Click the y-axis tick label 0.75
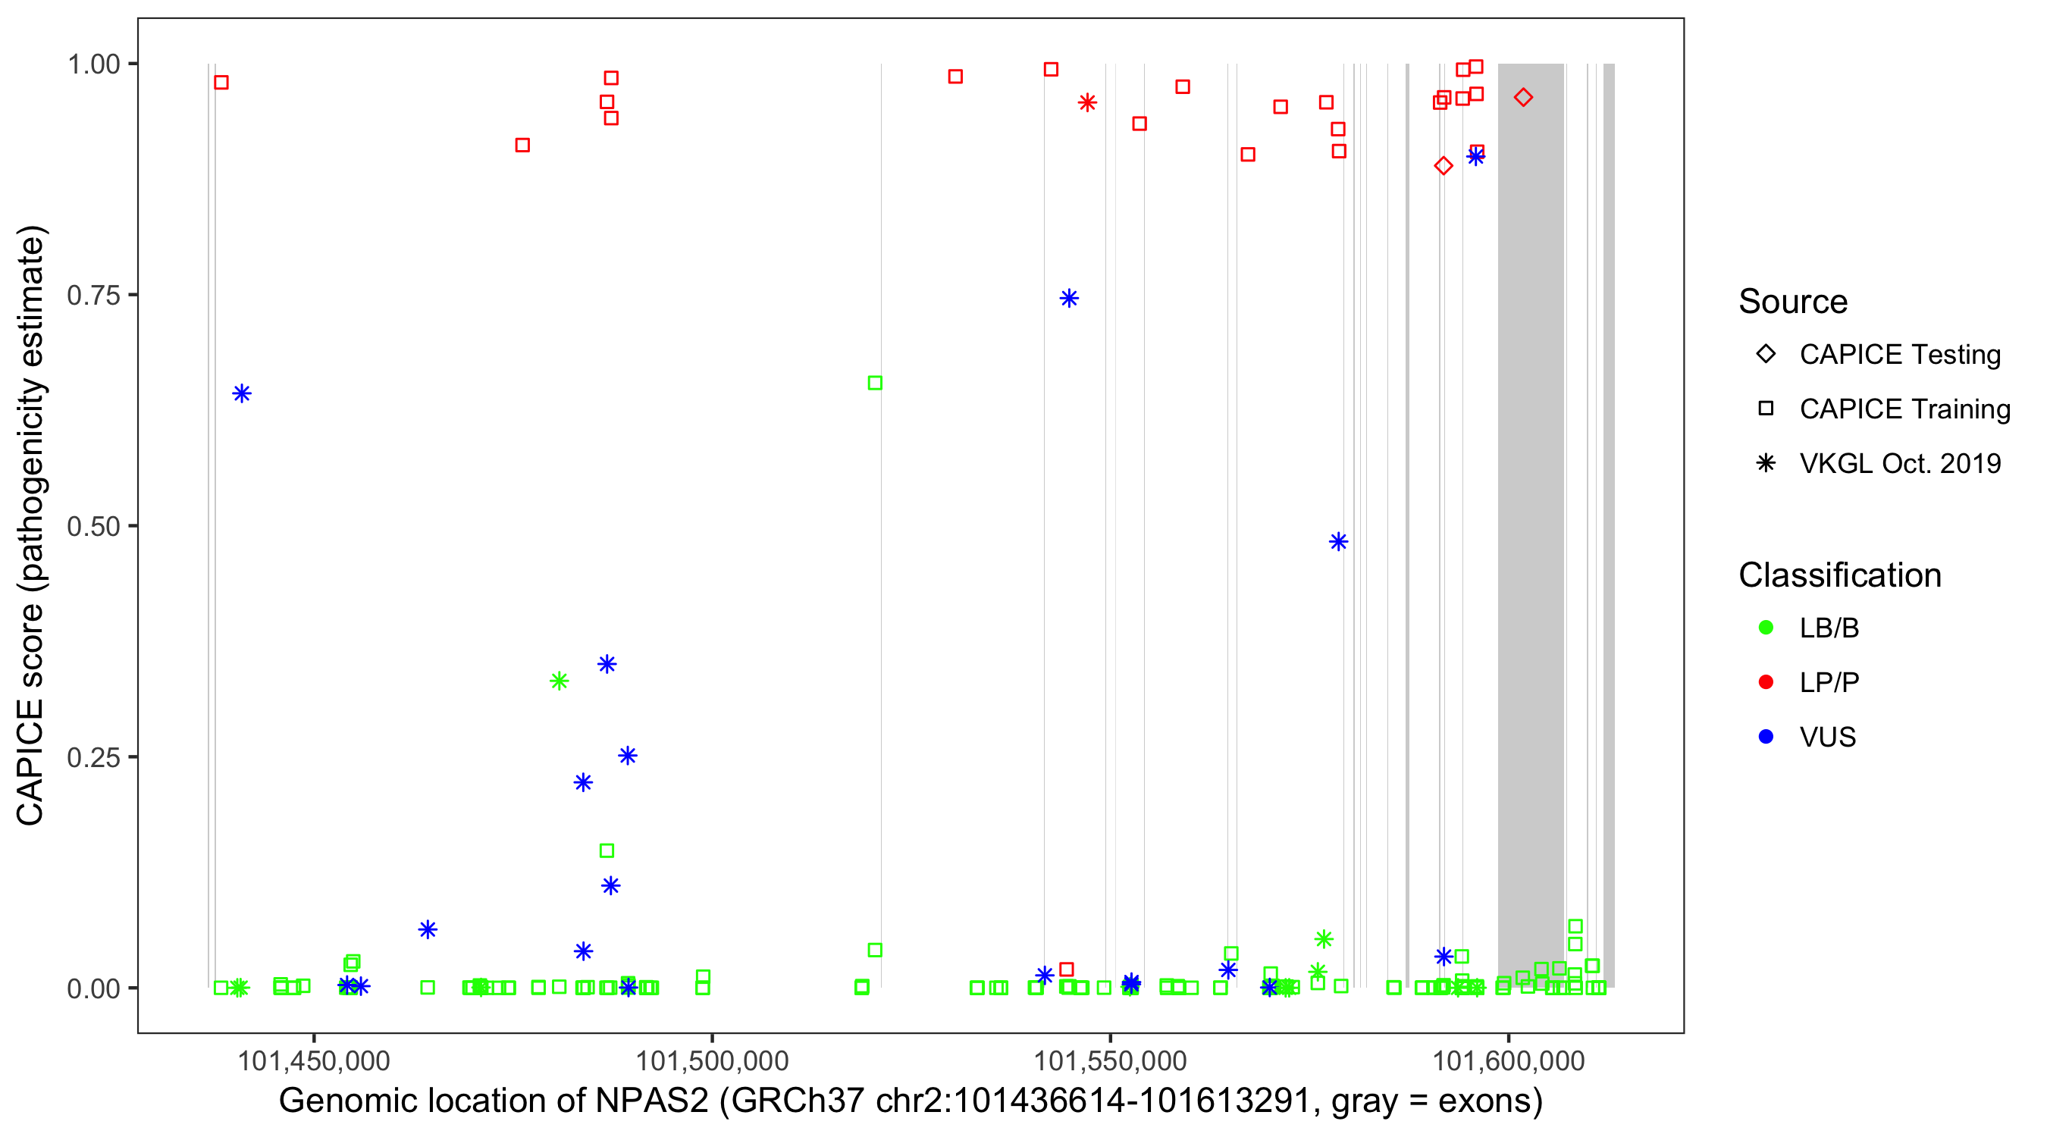[x=92, y=296]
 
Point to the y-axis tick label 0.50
[x=92, y=527]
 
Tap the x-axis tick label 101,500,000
[x=712, y=1060]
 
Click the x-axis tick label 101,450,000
[x=314, y=1060]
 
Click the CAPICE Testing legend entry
[x=1899, y=355]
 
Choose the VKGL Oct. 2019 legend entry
[x=1899, y=463]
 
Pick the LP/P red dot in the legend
[x=1766, y=682]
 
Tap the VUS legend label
[x=1827, y=738]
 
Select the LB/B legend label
[x=1829, y=628]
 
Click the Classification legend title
[x=1839, y=575]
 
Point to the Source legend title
[x=1793, y=302]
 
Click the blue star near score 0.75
[x=1069, y=299]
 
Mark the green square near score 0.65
[x=875, y=383]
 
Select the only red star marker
[x=1087, y=102]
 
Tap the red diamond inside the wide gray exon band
[x=1522, y=98]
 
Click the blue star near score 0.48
[x=1338, y=542]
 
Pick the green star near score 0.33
[x=559, y=681]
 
